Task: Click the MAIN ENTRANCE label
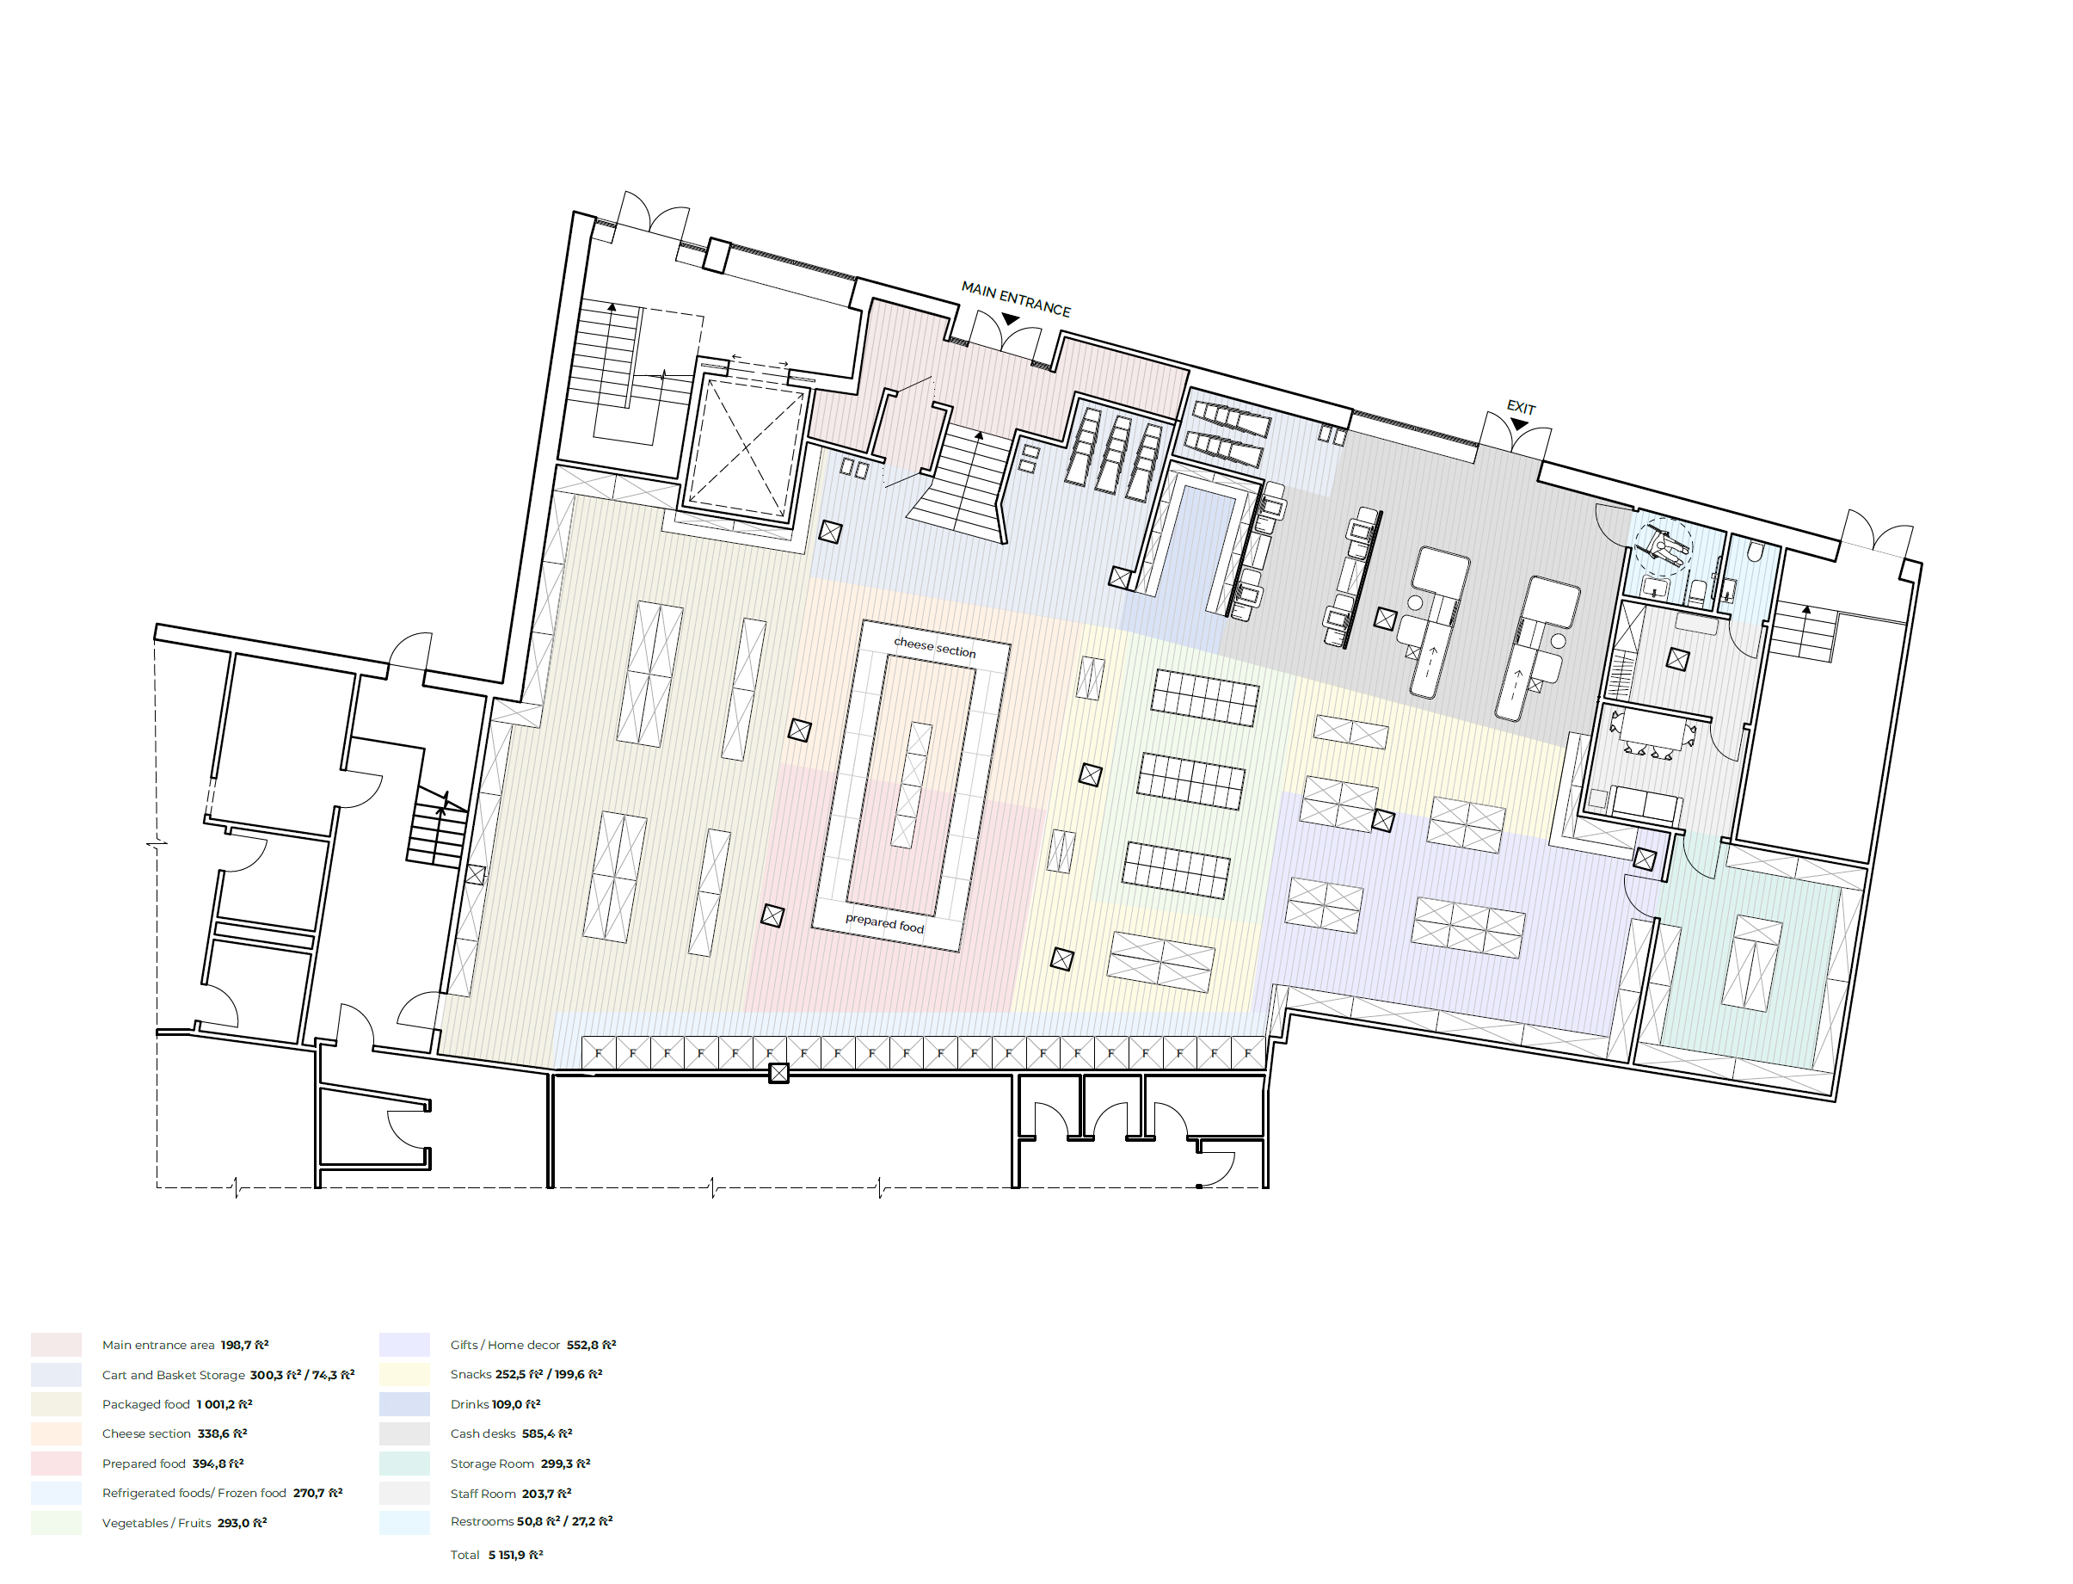click(x=1015, y=299)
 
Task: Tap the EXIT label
click(x=1521, y=407)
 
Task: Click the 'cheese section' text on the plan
click(x=934, y=647)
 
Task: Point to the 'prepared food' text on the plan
click(x=884, y=922)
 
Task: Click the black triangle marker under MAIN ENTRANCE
click(x=1011, y=319)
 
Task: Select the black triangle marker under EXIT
click(x=1519, y=424)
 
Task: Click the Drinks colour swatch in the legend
click(x=404, y=1404)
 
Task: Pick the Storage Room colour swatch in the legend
click(x=404, y=1464)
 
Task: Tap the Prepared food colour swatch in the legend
click(x=57, y=1464)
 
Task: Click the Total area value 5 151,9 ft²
click(x=515, y=1555)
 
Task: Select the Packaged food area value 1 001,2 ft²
click(x=225, y=1404)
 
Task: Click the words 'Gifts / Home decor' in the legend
click(x=505, y=1345)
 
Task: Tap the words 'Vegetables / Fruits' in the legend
click(x=157, y=1523)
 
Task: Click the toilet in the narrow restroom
click(x=1755, y=551)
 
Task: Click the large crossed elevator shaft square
click(x=746, y=447)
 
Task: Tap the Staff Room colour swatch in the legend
click(x=404, y=1494)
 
